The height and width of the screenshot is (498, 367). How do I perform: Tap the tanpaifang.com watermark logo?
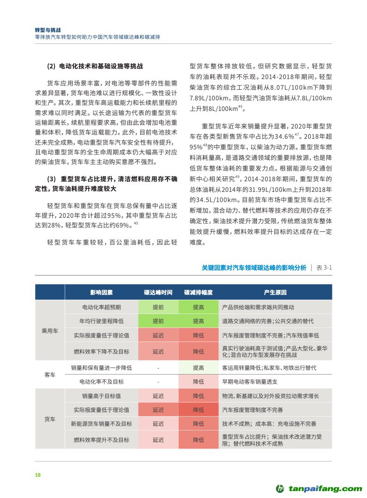(319, 488)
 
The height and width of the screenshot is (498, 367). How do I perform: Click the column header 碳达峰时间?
(158, 293)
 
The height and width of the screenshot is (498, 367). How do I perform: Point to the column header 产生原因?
(275, 293)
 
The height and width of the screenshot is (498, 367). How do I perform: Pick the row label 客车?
(50, 375)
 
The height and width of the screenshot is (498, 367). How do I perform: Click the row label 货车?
(50, 418)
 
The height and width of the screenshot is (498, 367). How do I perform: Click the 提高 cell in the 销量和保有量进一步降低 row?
(199, 368)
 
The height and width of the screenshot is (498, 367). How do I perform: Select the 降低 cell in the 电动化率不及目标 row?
(199, 382)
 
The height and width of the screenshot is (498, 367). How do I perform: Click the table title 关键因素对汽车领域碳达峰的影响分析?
(254, 267)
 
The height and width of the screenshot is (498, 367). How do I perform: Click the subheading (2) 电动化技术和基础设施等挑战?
(95, 66)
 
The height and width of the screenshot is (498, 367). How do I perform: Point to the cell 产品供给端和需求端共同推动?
(258, 307)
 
